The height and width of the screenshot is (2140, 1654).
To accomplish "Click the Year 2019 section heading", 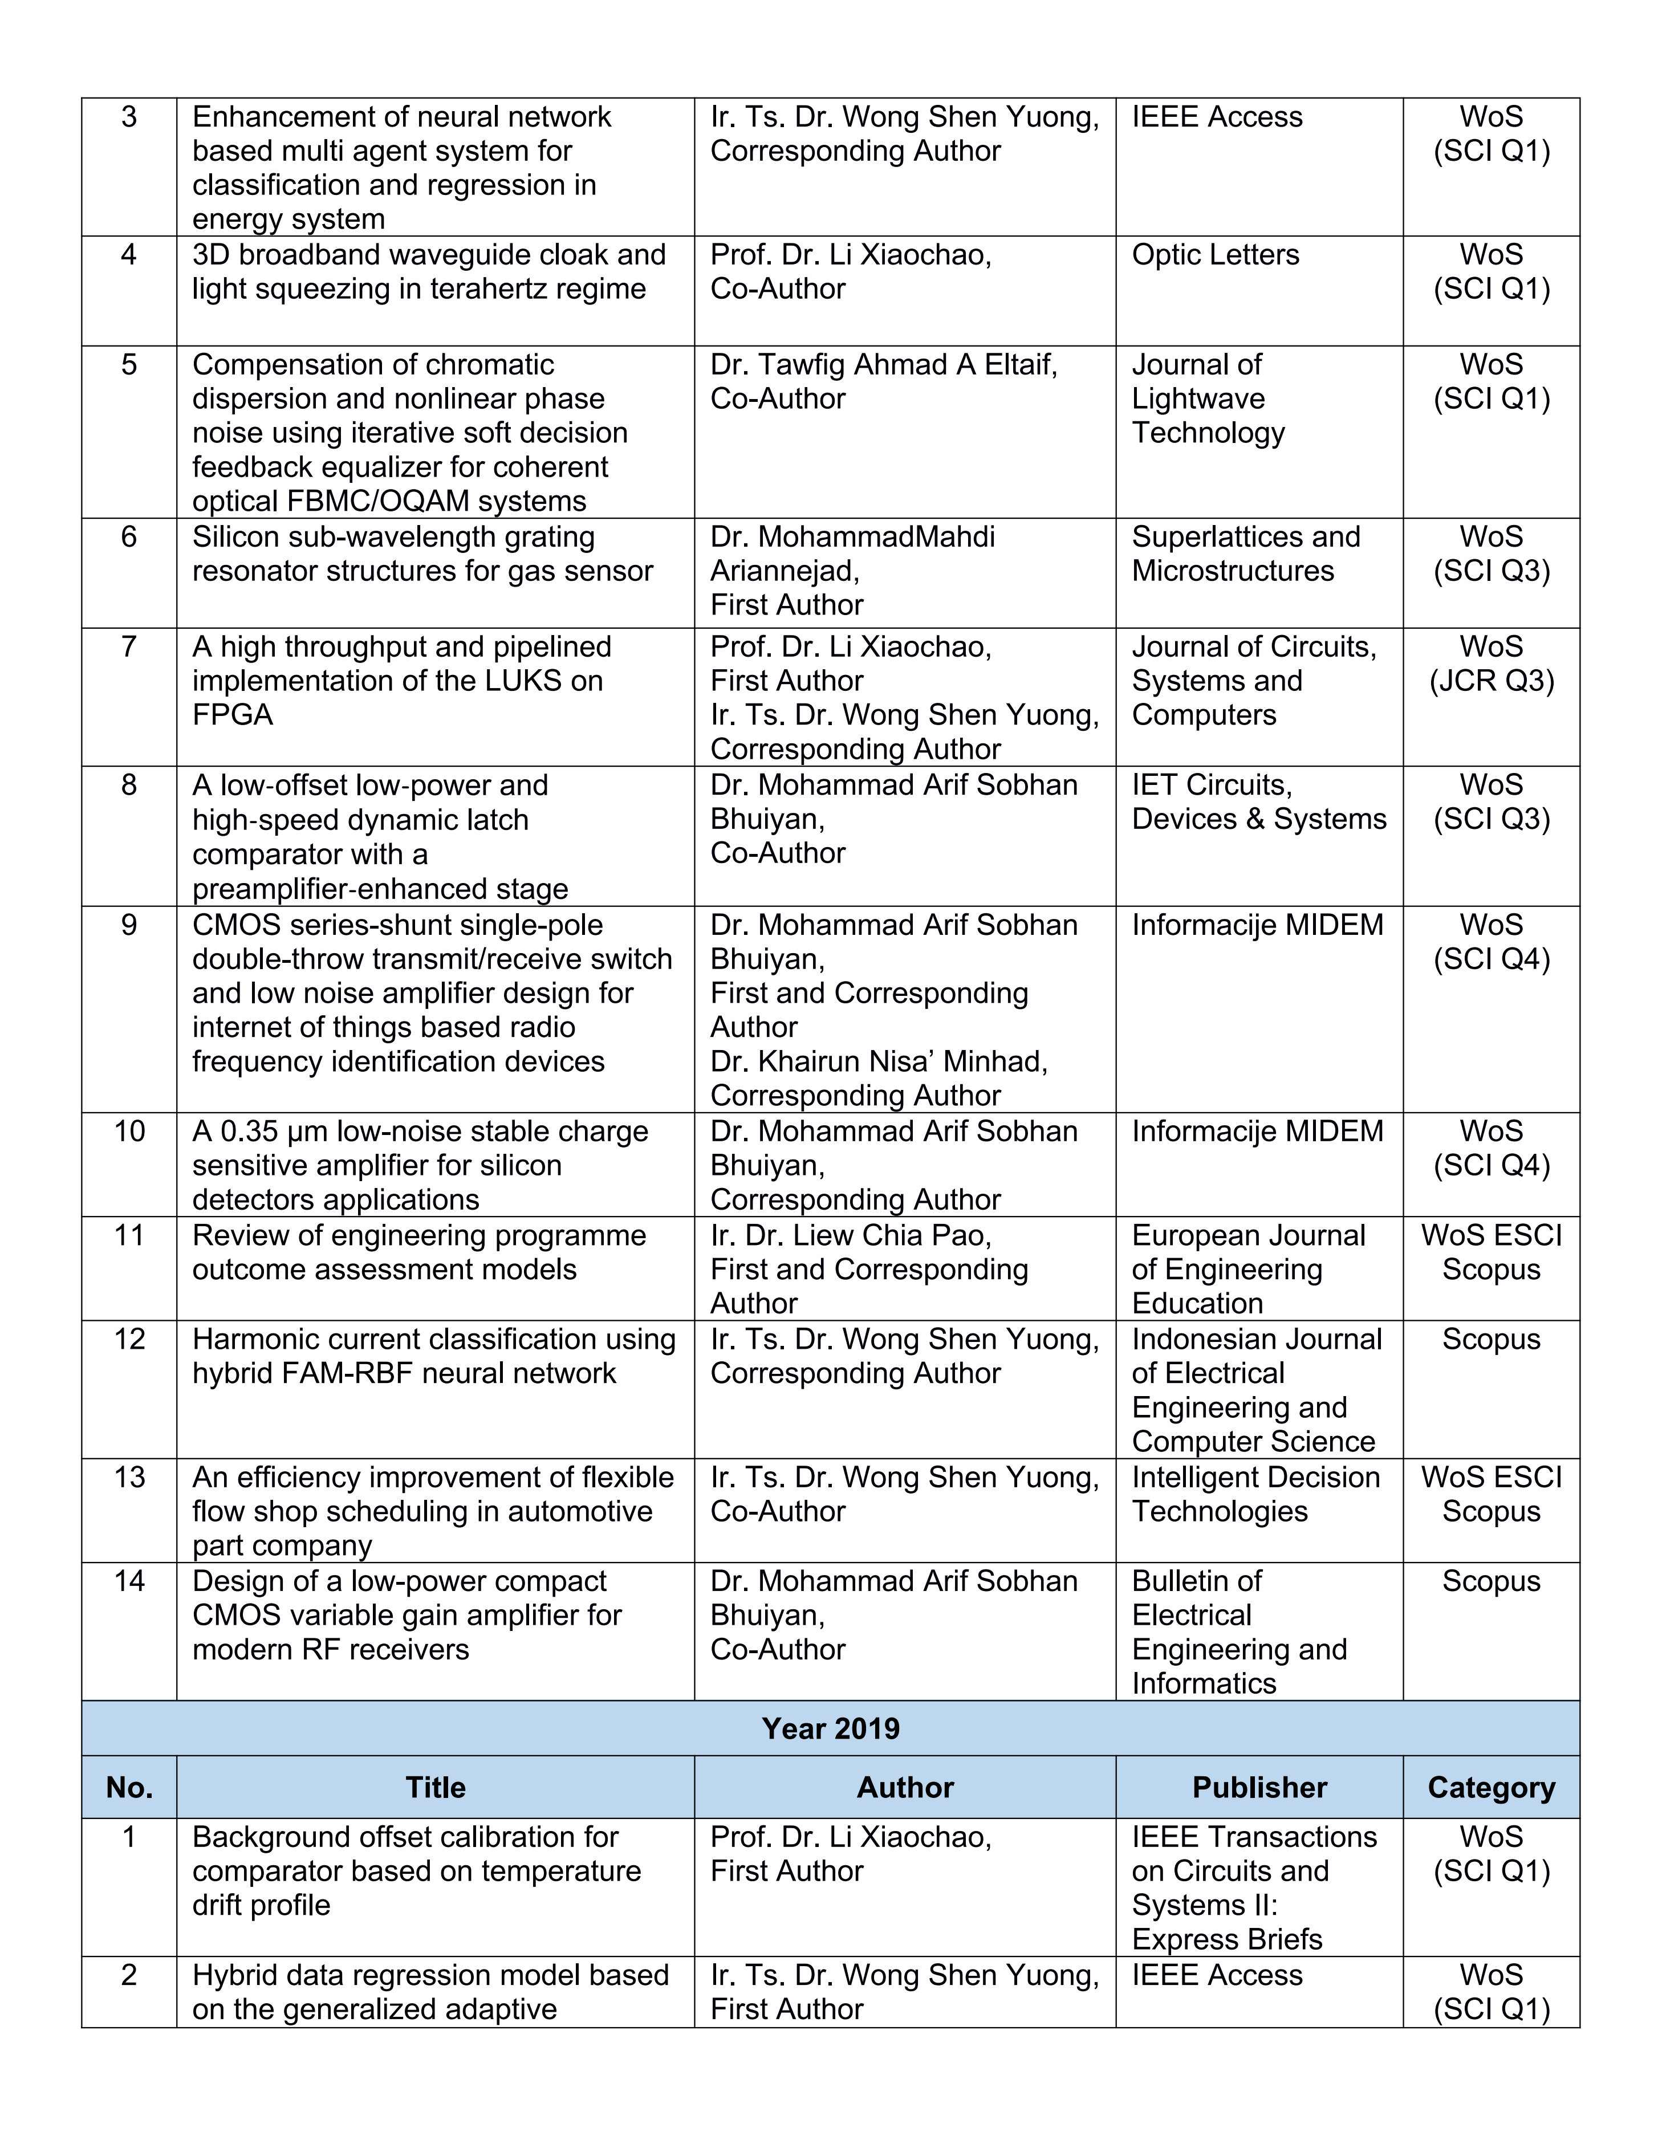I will tap(830, 1727).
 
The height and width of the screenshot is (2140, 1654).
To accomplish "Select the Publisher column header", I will tap(1259, 1787).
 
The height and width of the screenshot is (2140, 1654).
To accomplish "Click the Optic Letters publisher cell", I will tap(1215, 255).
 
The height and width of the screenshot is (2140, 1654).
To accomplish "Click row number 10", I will tap(129, 1131).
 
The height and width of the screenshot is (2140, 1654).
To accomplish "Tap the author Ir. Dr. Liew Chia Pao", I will tap(851, 1235).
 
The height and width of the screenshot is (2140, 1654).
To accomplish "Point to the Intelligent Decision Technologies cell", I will tap(1255, 1494).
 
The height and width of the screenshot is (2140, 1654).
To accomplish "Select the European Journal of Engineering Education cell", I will tap(1247, 1269).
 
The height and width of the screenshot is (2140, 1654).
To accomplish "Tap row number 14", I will tap(129, 1581).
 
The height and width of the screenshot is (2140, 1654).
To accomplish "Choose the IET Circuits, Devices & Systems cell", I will tap(1258, 802).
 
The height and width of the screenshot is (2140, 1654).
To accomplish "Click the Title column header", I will tap(435, 1787).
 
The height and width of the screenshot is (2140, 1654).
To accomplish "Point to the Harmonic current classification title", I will tap(433, 1356).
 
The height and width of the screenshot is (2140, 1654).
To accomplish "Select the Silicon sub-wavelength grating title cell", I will tap(421, 554).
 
